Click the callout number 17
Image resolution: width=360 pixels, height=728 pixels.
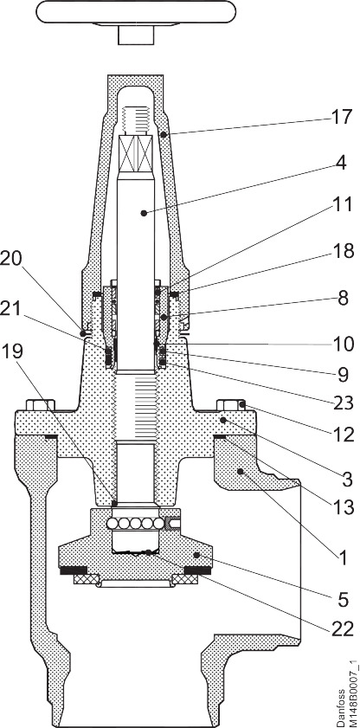[x=342, y=117]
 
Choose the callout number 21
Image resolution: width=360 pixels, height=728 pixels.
[x=11, y=308]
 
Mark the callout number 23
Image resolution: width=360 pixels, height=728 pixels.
[x=343, y=403]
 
